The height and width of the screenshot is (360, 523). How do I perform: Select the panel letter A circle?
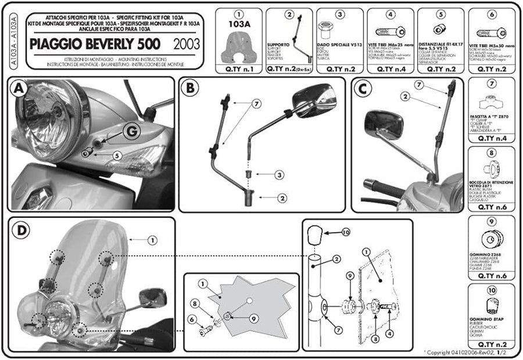coord(19,89)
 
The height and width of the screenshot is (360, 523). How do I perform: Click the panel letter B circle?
coord(190,89)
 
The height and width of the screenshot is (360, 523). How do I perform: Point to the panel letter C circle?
coord(363,89)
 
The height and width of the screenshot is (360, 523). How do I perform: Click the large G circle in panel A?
coord(131,132)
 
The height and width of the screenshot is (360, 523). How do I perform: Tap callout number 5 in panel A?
coord(117,155)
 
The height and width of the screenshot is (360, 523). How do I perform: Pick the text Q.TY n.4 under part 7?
coord(491,138)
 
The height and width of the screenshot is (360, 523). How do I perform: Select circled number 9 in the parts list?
coord(491,221)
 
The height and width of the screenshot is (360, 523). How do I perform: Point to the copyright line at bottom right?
coord(469,352)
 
